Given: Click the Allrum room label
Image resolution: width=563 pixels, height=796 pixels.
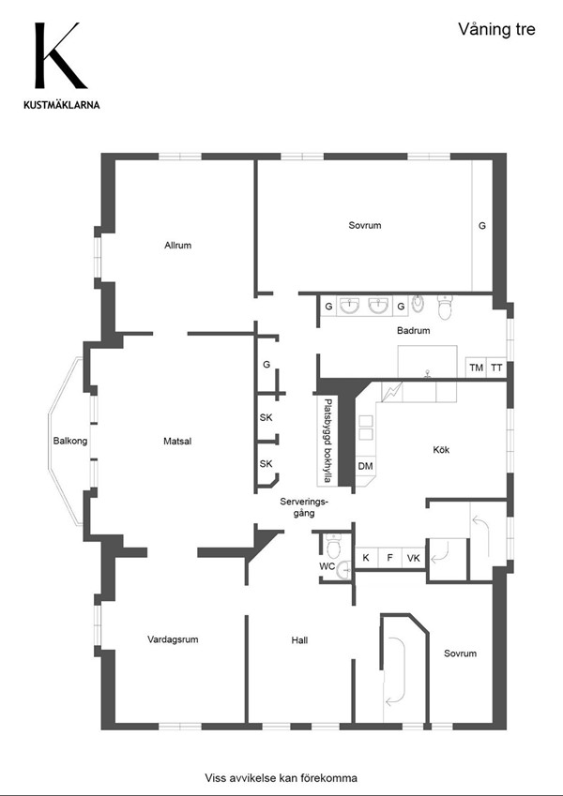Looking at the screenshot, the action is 178,246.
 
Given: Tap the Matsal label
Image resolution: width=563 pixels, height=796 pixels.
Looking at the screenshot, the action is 177,442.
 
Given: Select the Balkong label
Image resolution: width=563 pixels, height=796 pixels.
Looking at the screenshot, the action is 70,441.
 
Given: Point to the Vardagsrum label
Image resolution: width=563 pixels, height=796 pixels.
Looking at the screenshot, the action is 173,639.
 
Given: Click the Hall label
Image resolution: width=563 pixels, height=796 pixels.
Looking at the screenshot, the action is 299,640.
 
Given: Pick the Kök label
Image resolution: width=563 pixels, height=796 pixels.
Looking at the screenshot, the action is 441,449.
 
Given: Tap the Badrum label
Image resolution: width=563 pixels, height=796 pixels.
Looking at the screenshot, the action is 413,330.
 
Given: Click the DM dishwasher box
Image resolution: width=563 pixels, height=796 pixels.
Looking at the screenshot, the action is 365,466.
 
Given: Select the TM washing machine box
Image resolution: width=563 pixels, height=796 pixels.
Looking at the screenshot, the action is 476,368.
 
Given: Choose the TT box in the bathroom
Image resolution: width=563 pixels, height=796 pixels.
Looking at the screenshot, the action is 496,368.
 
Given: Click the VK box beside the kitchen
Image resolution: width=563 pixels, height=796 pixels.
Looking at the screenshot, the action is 414,558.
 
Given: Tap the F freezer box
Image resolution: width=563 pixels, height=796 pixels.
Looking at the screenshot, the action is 389,558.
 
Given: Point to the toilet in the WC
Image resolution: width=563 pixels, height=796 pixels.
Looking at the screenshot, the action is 333,546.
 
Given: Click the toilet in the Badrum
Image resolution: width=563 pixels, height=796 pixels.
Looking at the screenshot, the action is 445,308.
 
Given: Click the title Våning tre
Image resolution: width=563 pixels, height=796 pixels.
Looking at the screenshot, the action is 496,29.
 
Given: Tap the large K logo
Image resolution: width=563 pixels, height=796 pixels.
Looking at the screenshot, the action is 58,55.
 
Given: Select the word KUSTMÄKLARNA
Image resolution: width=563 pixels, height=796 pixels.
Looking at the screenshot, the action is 62,105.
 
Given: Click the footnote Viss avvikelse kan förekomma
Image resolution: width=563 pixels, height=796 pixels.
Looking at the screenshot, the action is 281,778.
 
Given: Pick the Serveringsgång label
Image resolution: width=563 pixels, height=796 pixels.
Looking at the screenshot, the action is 304,507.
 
